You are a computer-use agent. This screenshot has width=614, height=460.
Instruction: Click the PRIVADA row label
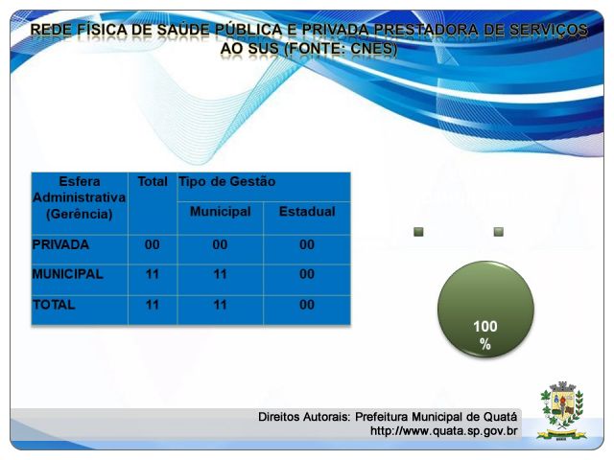click(60, 245)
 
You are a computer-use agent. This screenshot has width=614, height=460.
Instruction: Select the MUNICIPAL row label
click(68, 274)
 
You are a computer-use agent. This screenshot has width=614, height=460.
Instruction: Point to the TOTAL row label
click(54, 305)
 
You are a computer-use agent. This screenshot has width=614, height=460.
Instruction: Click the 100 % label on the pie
click(485, 335)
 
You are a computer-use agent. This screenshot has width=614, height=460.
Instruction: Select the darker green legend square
click(418, 232)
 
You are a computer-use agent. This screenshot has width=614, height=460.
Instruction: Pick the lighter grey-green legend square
click(499, 232)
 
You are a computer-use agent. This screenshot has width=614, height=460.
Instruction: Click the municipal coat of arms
click(561, 410)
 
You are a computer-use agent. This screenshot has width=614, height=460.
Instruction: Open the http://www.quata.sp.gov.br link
click(443, 431)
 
